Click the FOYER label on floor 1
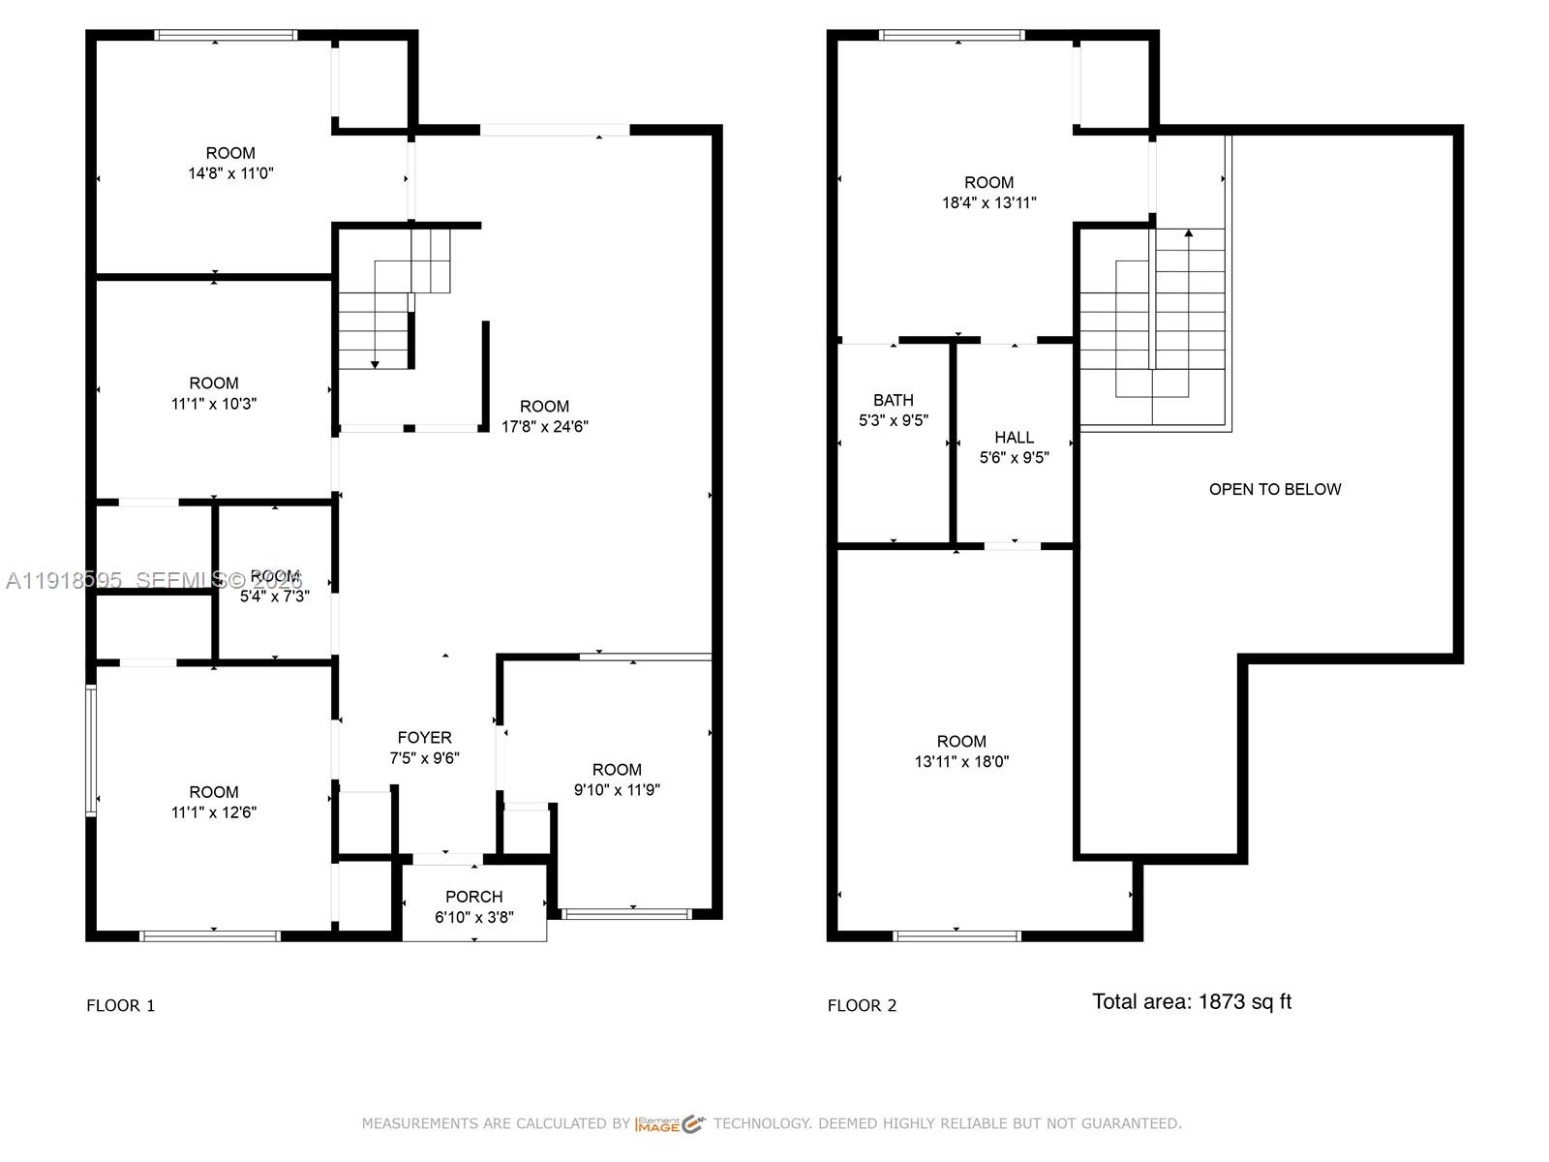[x=424, y=738]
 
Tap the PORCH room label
[x=473, y=897]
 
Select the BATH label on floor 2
[x=893, y=400]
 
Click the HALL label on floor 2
[x=1014, y=438]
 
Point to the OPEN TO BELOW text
[x=1274, y=490]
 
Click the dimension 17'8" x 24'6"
[x=544, y=427]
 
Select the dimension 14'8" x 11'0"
[x=230, y=174]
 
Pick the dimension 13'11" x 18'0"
[x=961, y=762]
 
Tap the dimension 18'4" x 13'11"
[x=988, y=203]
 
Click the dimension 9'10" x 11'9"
[x=617, y=790]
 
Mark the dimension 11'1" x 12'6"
[x=213, y=813]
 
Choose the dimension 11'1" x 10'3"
[x=213, y=404]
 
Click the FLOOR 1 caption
[x=120, y=1006]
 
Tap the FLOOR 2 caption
[x=862, y=1006]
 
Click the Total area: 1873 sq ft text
[x=1191, y=1002]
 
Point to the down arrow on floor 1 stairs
[x=375, y=363]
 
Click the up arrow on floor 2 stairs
[x=1189, y=233]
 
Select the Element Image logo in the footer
[x=670, y=1124]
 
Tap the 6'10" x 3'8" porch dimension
[x=473, y=917]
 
